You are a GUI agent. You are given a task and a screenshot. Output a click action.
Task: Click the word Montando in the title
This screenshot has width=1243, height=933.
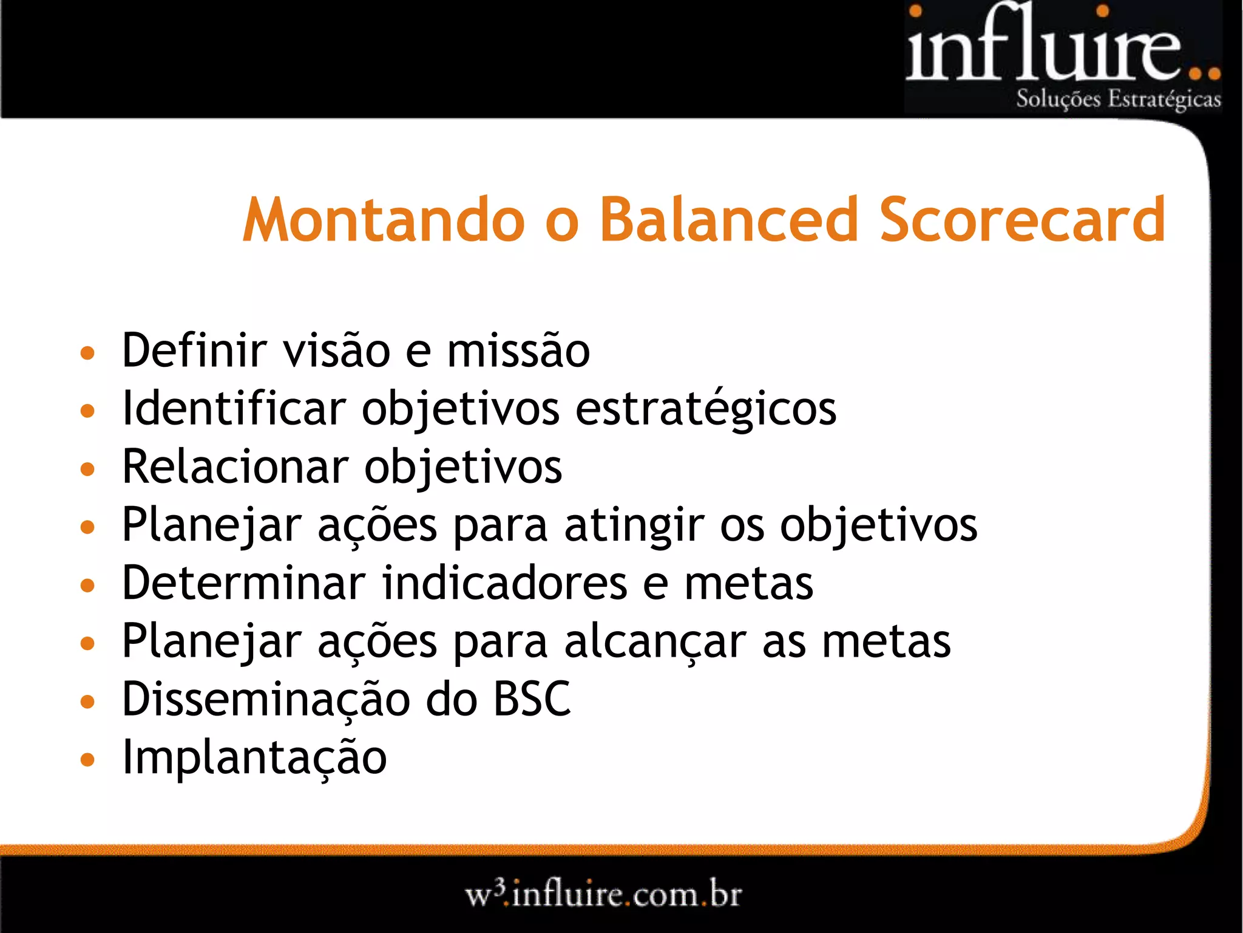point(384,220)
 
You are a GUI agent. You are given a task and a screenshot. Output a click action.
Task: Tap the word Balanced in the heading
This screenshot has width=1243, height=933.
point(729,220)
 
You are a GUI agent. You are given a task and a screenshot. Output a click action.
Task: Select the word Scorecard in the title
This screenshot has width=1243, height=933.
point(1022,220)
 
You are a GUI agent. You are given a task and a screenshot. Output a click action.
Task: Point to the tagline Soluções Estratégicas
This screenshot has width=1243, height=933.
point(1118,99)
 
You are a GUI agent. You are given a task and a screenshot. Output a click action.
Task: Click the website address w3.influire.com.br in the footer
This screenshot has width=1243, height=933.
point(603,895)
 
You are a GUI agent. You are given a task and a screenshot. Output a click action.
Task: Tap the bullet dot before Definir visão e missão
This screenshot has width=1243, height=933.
point(88,353)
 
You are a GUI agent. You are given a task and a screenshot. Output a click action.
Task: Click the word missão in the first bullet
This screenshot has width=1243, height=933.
point(518,352)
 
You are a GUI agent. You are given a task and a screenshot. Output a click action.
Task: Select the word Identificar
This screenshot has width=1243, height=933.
point(234,408)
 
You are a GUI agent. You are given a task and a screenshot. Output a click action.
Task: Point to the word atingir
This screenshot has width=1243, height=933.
point(634,525)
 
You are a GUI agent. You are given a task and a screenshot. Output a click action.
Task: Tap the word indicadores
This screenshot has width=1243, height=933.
point(504,583)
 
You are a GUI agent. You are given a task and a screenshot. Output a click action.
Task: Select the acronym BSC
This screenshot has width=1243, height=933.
point(532,699)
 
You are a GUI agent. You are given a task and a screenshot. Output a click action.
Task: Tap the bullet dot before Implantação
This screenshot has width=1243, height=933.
point(88,759)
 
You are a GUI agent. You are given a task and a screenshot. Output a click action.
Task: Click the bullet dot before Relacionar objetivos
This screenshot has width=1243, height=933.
point(88,469)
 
